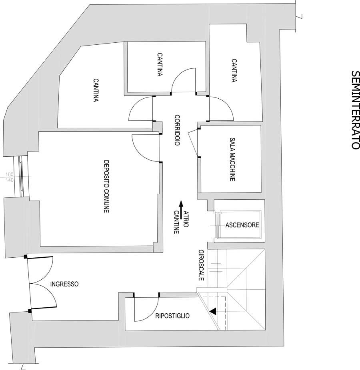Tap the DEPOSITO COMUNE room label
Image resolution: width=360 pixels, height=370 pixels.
coord(106,186)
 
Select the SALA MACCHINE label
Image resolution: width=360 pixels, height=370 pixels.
coord(232,160)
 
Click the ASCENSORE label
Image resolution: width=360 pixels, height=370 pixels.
coord(242,225)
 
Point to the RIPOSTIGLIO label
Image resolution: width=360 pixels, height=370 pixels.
coord(172,316)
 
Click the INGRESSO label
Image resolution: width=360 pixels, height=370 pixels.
coord(64,284)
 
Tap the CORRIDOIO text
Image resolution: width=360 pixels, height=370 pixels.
coord(177,130)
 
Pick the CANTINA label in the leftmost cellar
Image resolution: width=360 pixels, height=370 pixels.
coord(96,90)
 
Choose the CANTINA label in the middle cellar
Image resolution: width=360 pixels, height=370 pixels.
coord(160,64)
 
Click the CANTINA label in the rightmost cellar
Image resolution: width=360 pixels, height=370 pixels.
coord(234,71)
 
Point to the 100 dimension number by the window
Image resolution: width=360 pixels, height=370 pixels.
coord(10,175)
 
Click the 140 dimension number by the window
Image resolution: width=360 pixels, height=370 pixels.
coord(10,180)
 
